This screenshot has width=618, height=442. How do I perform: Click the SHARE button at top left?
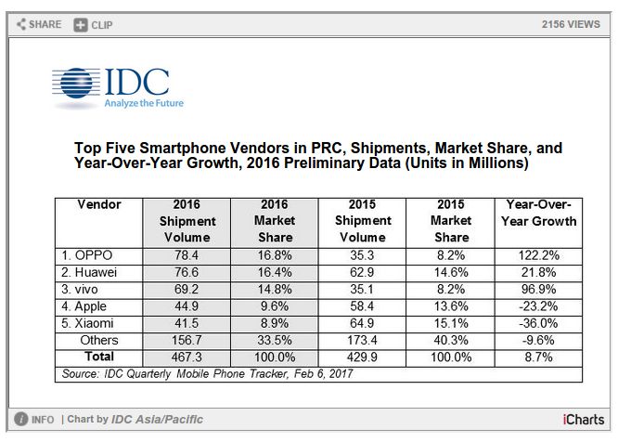tap(39, 24)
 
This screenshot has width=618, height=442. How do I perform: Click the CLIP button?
tap(97, 24)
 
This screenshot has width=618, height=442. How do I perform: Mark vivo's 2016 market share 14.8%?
tap(275, 287)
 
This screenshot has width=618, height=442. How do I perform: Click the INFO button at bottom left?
tap(35, 420)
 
